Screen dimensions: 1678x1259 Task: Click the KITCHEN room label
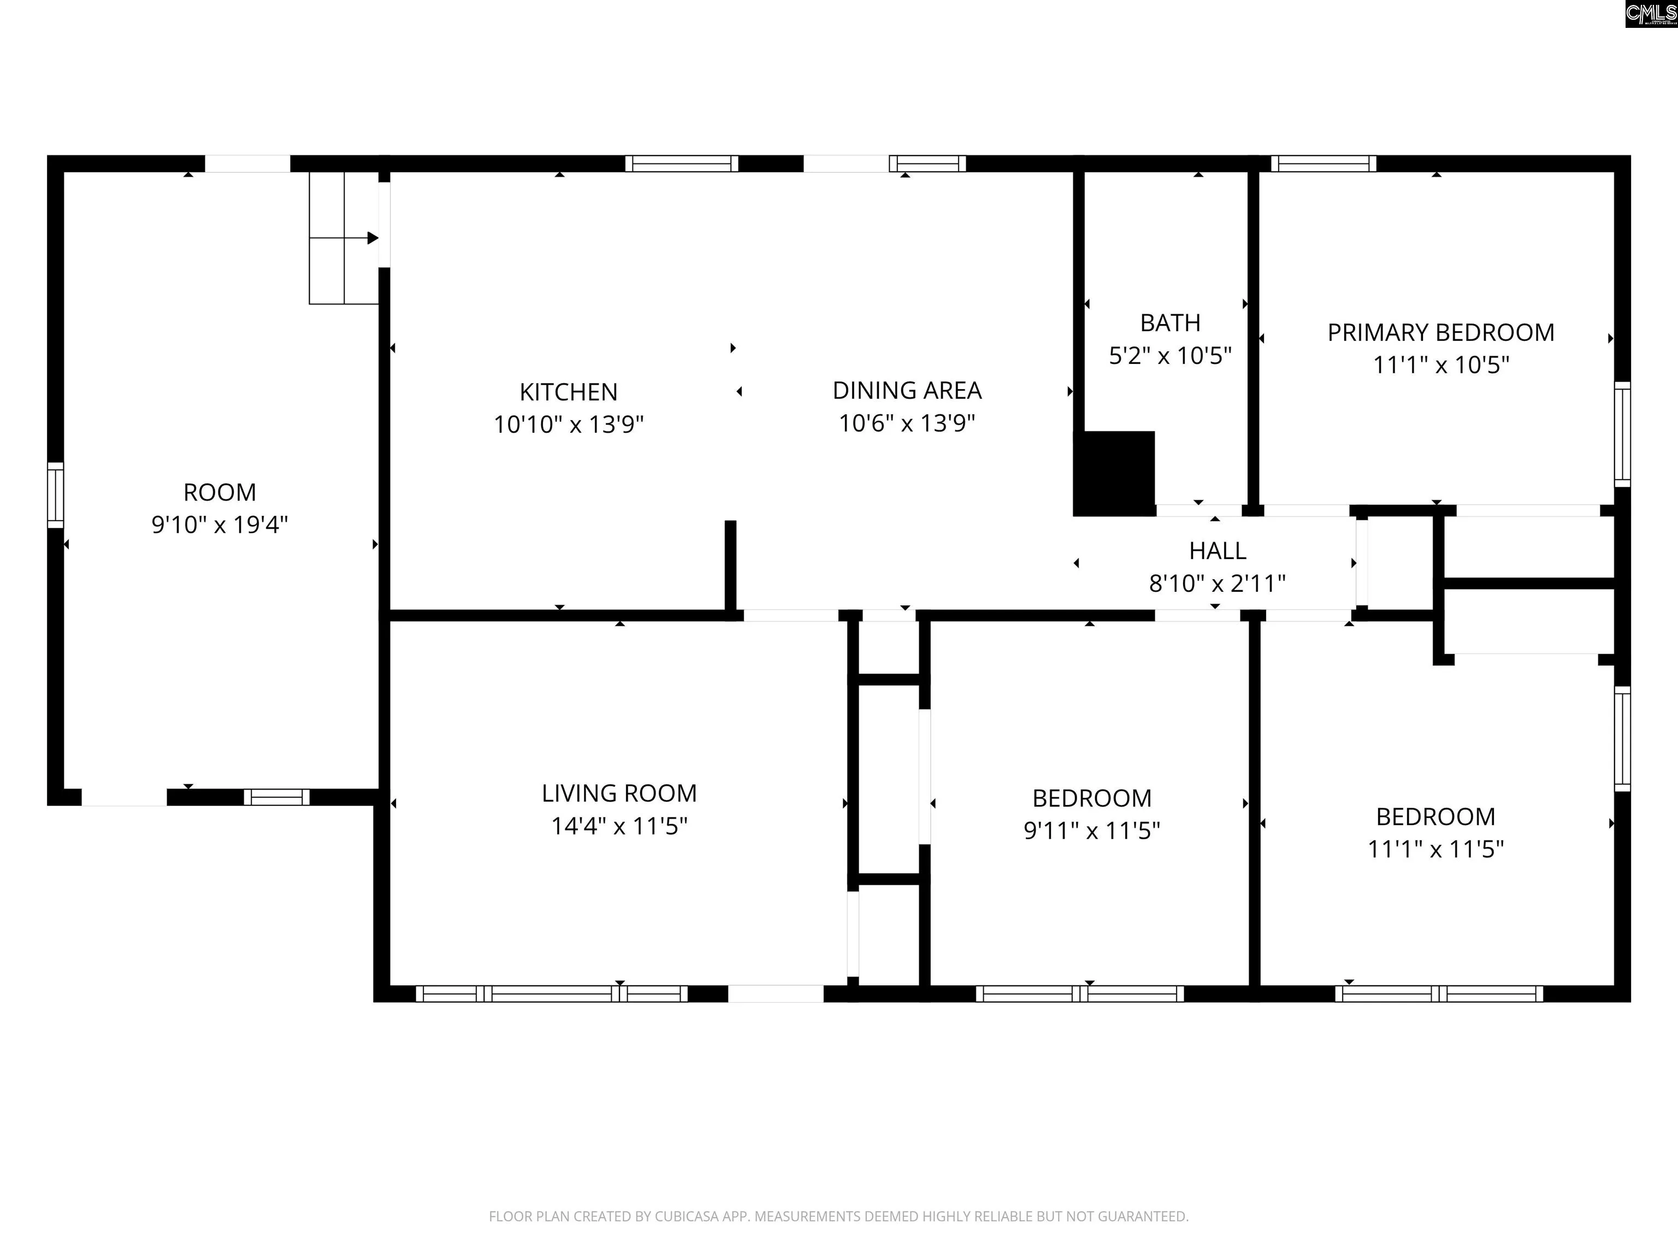(568, 392)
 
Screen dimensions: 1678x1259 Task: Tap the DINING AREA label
(907, 390)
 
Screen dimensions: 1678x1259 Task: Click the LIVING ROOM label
(619, 793)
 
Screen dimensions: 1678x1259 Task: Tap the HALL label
(1218, 550)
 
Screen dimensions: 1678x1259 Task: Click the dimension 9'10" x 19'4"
(220, 525)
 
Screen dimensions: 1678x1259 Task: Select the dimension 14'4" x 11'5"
(619, 826)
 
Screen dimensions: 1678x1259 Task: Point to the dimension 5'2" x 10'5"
(1170, 355)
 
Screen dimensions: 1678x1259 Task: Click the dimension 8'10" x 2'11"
(1218, 583)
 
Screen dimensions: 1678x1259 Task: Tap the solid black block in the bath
(1114, 474)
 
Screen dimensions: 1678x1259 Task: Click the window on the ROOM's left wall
(55, 495)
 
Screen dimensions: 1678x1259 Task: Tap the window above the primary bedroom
(1324, 163)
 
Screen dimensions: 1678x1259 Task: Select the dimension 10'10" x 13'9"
(568, 424)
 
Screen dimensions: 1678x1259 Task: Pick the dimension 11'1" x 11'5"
(1435, 849)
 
